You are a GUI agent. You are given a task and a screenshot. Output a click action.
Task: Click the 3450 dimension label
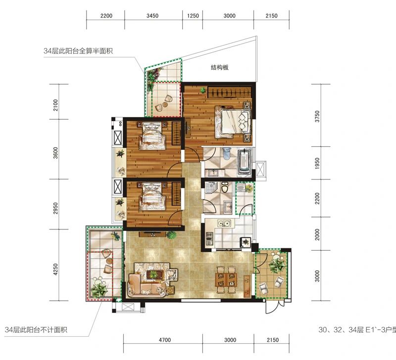point(152,16)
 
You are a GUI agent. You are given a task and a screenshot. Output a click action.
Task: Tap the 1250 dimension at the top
point(193,16)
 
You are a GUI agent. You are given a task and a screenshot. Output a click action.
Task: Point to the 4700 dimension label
point(165,340)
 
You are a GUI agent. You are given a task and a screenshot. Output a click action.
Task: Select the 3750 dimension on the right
point(317,116)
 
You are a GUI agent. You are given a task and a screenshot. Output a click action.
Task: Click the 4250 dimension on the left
point(55,269)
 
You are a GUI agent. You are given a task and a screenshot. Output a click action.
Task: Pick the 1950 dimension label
point(317,163)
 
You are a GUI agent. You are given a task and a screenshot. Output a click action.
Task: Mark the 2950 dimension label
point(55,208)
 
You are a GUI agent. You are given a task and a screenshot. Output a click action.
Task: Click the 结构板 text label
point(220,67)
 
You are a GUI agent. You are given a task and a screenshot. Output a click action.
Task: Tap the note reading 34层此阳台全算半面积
point(78,51)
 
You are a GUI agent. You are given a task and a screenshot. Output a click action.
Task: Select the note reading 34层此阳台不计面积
point(36,330)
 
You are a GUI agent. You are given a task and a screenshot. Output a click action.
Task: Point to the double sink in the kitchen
point(224,223)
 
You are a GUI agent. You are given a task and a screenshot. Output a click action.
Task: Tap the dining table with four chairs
point(226,279)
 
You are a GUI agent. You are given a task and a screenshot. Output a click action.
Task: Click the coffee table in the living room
point(153,274)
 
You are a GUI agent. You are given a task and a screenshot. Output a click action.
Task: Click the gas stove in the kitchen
point(209,239)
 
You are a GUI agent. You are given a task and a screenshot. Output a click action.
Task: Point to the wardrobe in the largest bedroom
point(230,92)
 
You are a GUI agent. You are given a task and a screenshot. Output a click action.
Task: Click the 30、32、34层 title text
point(341,329)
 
